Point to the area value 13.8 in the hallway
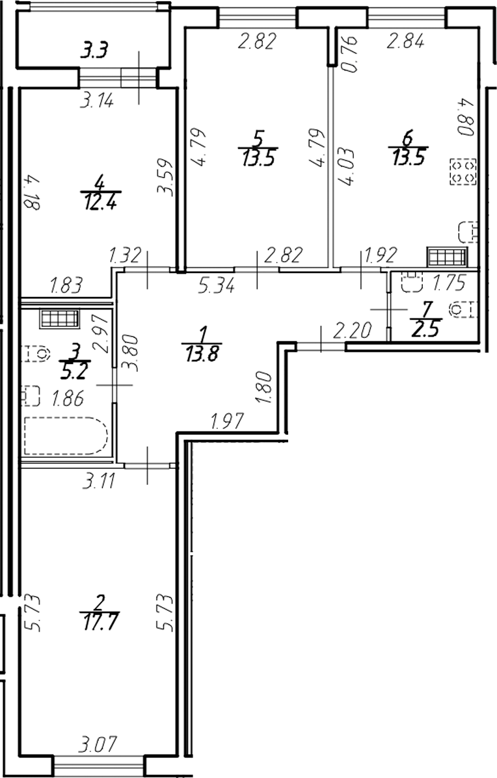click(203, 355)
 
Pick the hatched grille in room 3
click(59, 319)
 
